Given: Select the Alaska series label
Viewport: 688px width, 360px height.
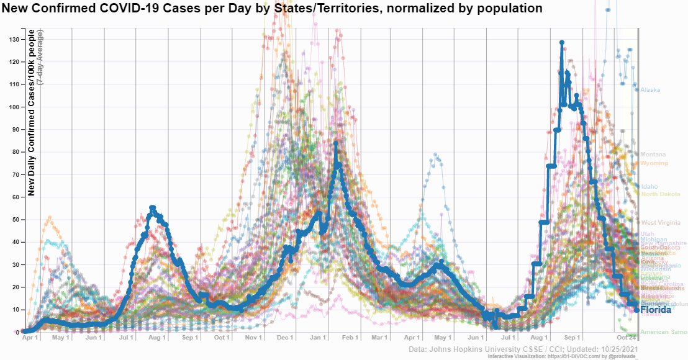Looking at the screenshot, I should [x=650, y=90].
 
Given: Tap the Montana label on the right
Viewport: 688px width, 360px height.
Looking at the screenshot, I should [x=653, y=155].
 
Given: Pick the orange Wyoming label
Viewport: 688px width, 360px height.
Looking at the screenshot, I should [x=654, y=163].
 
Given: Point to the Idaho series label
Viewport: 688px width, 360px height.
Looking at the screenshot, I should [x=649, y=186].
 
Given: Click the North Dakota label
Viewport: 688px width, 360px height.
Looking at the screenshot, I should [x=660, y=194].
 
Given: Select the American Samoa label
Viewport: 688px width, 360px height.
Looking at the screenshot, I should [x=663, y=332].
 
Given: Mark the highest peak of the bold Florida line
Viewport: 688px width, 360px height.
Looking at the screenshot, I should [x=561, y=43].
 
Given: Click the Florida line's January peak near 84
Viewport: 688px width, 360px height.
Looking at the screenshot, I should [x=335, y=143].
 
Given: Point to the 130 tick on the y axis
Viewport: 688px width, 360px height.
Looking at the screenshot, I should [x=14, y=39].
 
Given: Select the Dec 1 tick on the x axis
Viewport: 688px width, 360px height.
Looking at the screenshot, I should [x=285, y=338].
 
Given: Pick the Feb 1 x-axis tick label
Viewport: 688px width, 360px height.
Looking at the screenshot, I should [x=350, y=338].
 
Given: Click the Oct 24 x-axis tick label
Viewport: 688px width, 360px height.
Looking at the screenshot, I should [x=627, y=338].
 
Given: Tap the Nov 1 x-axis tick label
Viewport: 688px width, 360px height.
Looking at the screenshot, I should [x=253, y=338].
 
